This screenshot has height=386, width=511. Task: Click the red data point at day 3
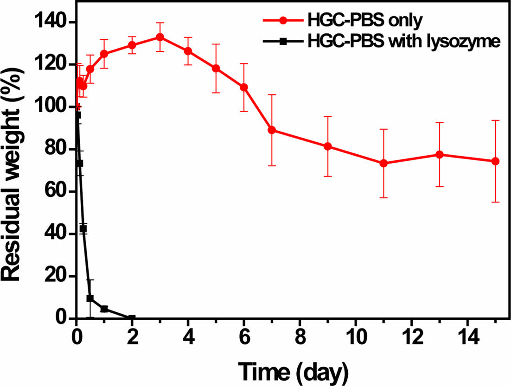[160, 37]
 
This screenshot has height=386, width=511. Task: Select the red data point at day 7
[272, 130]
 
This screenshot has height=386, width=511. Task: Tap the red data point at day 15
[495, 161]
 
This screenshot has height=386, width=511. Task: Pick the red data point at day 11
[383, 163]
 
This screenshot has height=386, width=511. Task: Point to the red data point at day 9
[328, 146]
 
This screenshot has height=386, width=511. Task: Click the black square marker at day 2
[132, 318]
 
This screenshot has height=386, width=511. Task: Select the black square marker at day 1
[104, 309]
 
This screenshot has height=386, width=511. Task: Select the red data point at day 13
[439, 154]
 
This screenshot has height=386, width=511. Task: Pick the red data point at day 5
[216, 68]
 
